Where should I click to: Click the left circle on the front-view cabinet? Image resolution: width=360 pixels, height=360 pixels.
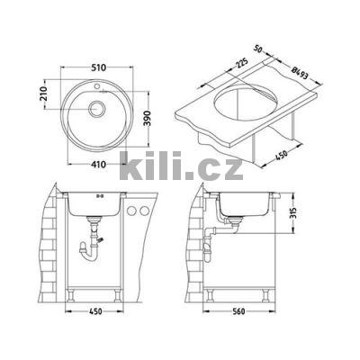pos(133,213)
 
